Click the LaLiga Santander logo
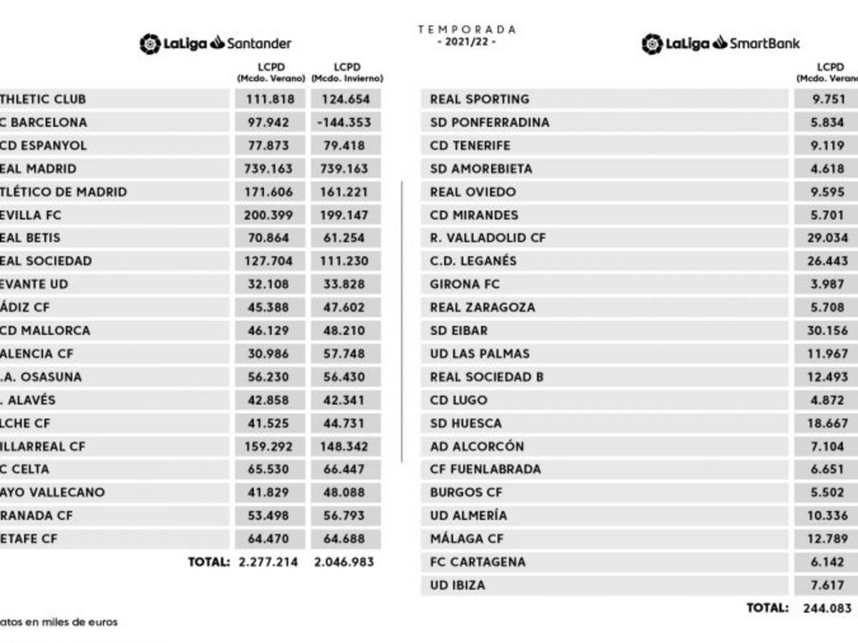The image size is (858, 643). click(x=215, y=44)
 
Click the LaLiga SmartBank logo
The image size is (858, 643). click(x=721, y=44)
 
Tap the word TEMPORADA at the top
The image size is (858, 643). click(x=467, y=29)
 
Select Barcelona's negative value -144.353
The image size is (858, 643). click(x=345, y=122)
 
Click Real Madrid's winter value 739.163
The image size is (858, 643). click(x=345, y=169)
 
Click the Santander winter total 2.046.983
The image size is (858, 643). click(x=345, y=562)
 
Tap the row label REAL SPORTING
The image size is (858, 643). click(x=480, y=99)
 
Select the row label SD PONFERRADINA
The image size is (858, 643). click(x=490, y=122)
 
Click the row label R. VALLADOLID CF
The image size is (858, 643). click(x=488, y=238)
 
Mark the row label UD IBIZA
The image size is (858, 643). click(x=458, y=585)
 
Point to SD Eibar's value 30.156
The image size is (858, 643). click(x=827, y=331)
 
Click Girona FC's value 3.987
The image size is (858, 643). click(x=827, y=284)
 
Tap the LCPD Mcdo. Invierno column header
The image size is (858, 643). click(x=347, y=72)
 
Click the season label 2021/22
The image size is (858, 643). click(x=467, y=41)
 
